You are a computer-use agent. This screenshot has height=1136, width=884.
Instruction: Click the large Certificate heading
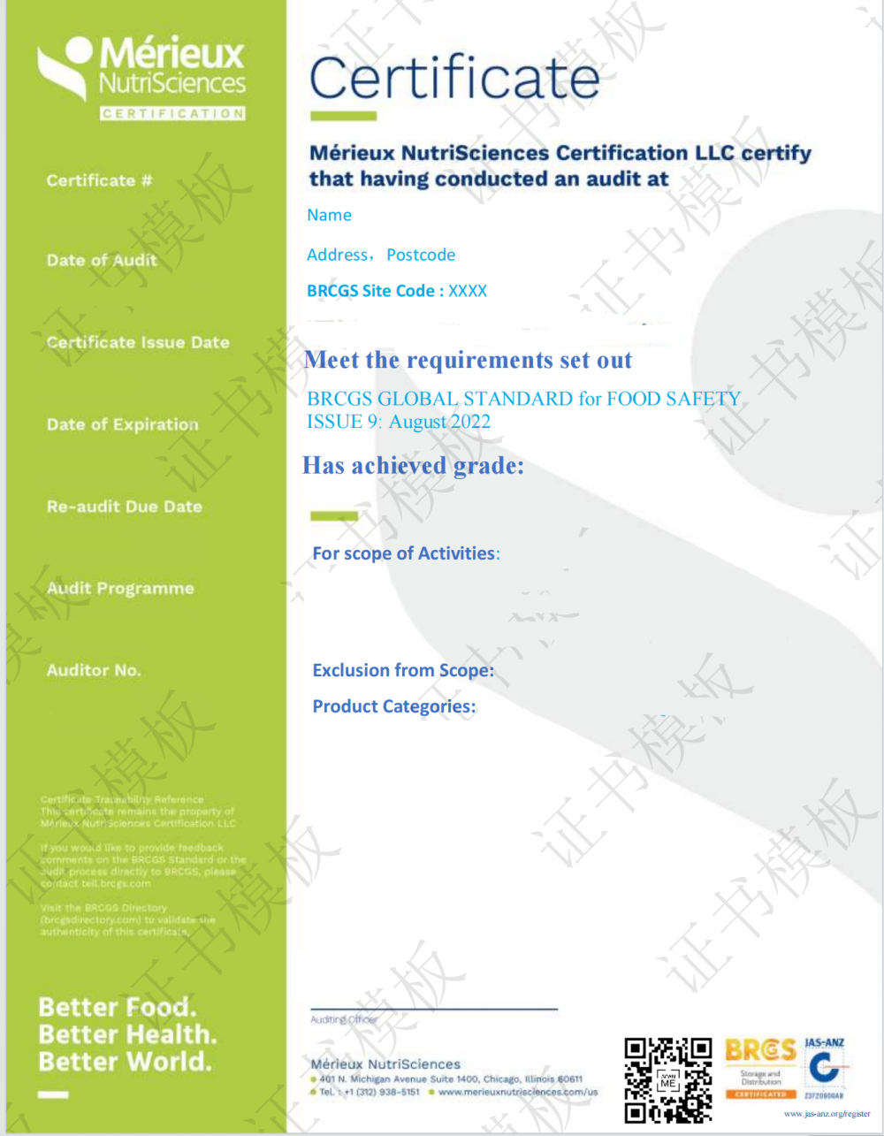454,78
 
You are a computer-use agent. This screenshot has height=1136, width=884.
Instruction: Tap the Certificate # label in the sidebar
99,180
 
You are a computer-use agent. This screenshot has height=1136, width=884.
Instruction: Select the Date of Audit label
102,261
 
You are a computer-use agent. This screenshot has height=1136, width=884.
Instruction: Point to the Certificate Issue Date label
137,342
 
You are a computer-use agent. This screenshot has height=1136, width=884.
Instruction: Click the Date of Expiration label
122,424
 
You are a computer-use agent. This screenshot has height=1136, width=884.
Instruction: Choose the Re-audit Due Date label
124,507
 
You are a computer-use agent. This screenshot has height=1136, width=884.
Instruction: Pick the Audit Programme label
119,589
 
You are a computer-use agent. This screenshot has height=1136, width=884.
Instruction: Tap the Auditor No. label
93,670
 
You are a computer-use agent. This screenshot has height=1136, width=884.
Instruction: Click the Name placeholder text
329,215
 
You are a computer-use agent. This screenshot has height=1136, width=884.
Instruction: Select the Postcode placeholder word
421,255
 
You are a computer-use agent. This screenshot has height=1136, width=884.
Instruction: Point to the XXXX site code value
468,291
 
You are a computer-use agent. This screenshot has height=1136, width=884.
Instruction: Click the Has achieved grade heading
413,466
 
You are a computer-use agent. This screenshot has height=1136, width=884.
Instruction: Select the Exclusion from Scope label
403,670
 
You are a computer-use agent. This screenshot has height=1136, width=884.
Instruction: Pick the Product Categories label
394,706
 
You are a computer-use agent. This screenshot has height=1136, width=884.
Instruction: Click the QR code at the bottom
667,1079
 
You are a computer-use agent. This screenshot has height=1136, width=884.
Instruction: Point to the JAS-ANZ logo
824,1068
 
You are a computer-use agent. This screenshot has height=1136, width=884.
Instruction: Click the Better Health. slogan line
126,1034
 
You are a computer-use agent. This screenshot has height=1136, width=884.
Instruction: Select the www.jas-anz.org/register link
827,1114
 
